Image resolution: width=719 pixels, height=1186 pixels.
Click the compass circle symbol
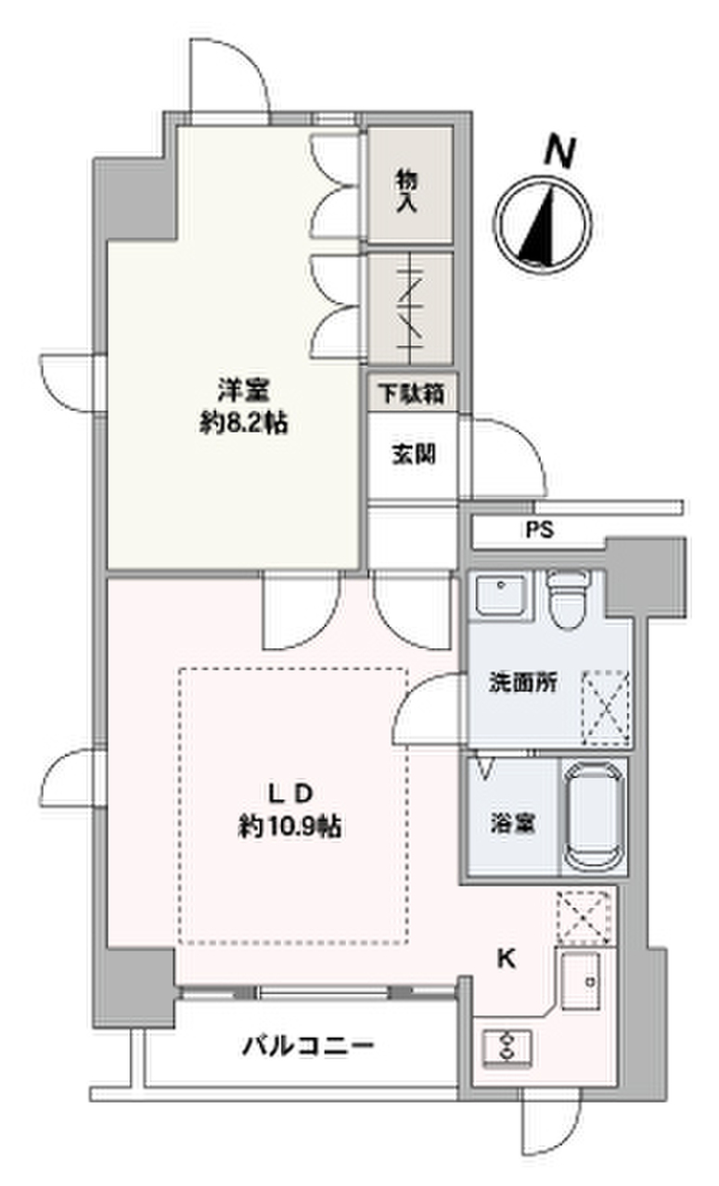click(545, 222)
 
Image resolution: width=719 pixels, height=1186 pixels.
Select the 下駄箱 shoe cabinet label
click(409, 395)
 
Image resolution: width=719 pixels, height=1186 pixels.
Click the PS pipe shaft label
click(539, 531)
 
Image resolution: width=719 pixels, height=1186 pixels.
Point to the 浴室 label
click(511, 821)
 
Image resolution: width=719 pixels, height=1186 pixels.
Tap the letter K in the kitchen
click(507, 960)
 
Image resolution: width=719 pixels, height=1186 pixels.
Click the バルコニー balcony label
click(309, 1048)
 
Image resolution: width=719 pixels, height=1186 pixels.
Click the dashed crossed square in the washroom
click(605, 707)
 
